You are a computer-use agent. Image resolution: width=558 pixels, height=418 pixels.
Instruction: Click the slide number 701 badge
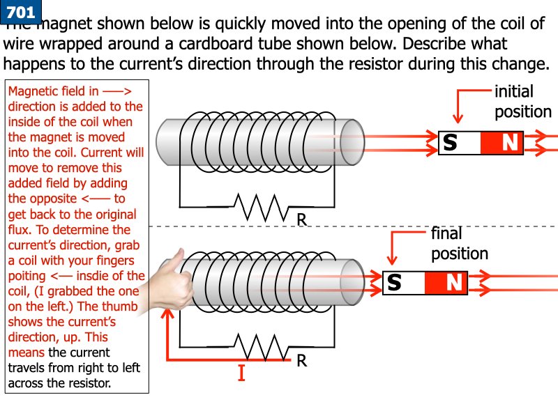[21, 11]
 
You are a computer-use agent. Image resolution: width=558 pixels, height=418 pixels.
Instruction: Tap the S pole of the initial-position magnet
[460, 143]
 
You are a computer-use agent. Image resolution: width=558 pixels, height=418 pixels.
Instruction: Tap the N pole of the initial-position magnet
[502, 143]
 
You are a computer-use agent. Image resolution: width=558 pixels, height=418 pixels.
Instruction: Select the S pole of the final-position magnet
[404, 283]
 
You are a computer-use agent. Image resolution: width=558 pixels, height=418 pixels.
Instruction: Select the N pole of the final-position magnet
[446, 283]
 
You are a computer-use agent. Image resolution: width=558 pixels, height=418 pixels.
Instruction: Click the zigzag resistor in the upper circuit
[262, 207]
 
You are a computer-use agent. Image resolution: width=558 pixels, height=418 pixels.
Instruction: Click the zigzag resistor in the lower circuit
[262, 347]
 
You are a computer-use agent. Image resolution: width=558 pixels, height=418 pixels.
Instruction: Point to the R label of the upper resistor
[302, 219]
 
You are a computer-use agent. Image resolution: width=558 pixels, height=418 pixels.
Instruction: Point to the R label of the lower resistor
[302, 360]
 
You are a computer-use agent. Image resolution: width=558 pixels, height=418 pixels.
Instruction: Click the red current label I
[241, 373]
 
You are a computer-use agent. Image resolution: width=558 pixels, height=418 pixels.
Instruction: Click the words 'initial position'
[522, 102]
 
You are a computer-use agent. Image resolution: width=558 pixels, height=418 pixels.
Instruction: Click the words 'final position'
[460, 243]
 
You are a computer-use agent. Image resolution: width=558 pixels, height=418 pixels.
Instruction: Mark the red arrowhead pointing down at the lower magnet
[392, 260]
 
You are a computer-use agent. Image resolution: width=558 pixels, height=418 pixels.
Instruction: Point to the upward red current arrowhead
[167, 313]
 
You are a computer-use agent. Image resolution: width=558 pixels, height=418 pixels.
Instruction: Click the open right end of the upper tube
[352, 143]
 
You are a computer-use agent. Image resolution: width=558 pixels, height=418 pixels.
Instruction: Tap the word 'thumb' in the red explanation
[119, 307]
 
